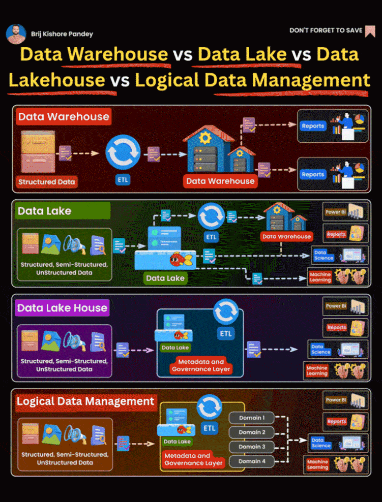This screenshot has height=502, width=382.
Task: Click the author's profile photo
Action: tap(16, 34)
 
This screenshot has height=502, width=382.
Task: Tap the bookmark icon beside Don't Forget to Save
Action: tap(370, 32)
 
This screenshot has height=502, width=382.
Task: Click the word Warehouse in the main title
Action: tap(118, 54)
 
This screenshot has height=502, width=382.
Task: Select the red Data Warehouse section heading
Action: tap(63, 117)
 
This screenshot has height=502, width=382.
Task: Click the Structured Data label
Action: tap(47, 181)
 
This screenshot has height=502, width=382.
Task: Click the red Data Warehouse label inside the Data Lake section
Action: tap(286, 236)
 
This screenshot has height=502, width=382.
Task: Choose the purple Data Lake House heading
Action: tap(62, 307)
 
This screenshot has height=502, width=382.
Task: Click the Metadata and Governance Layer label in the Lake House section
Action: tap(201, 365)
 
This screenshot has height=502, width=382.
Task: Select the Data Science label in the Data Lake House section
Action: tap(321, 349)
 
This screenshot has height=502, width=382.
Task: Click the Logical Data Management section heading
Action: tap(85, 401)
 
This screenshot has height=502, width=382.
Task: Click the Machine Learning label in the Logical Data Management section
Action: tap(317, 464)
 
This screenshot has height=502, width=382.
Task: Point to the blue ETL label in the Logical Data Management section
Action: tap(210, 428)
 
